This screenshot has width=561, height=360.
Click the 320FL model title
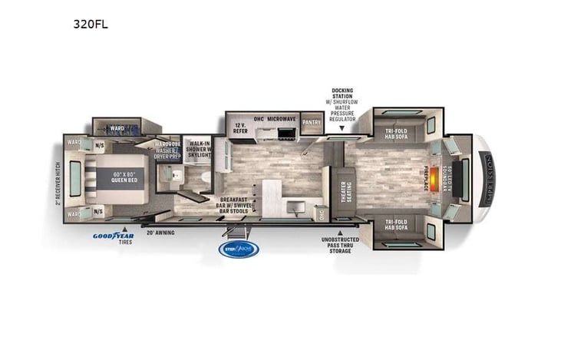click(x=91, y=24)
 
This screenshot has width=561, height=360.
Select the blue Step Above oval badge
click(x=239, y=249)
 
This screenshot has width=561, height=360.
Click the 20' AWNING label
click(x=161, y=231)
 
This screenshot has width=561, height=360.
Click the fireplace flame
click(x=435, y=175)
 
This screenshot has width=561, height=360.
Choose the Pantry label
click(x=312, y=122)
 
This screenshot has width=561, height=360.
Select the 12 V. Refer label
click(x=240, y=127)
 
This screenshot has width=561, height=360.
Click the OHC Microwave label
click(x=275, y=120)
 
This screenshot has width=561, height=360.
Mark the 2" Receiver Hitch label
click(x=58, y=183)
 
